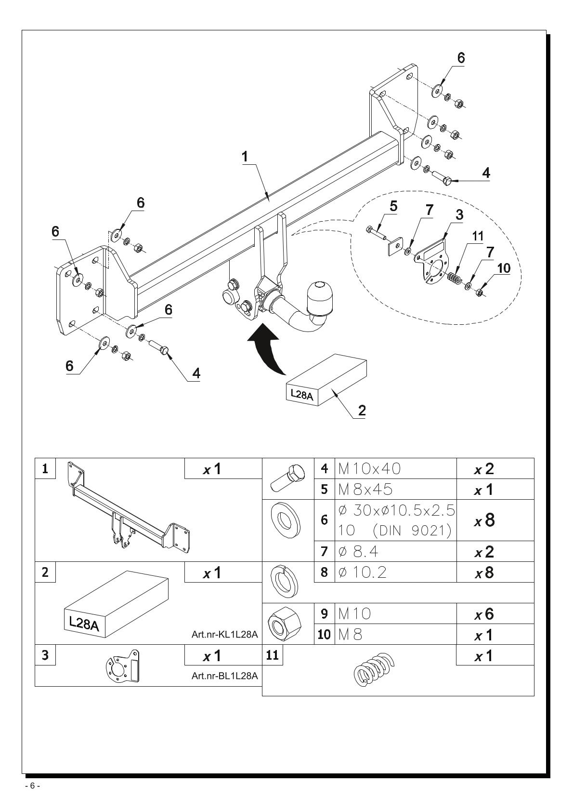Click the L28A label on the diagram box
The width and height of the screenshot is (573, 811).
pyautogui.click(x=302, y=394)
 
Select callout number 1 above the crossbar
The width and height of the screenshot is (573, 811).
pyautogui.click(x=245, y=157)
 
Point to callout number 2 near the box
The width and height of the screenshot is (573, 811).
pyautogui.click(x=362, y=410)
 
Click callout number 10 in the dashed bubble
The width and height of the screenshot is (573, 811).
pyautogui.click(x=504, y=268)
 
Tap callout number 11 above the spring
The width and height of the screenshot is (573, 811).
pyautogui.click(x=478, y=237)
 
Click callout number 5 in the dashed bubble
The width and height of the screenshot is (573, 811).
pyautogui.click(x=393, y=206)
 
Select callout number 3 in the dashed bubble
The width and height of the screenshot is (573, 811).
pyautogui.click(x=459, y=215)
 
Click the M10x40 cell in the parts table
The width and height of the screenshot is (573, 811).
pyautogui.click(x=369, y=468)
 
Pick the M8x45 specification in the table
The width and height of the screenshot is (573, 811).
pyautogui.click(x=365, y=489)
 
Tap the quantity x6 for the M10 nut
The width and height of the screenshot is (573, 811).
pyautogui.click(x=484, y=614)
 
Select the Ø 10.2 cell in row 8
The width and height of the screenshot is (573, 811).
pyautogui.click(x=362, y=572)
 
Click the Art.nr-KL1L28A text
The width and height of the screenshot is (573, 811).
pyautogui.click(x=225, y=634)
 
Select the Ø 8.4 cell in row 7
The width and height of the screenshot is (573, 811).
pyautogui.click(x=358, y=551)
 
